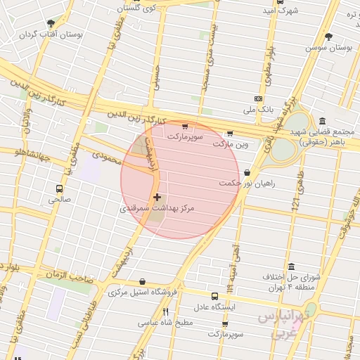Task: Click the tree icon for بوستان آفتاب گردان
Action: point(50,23)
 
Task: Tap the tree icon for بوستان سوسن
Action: point(328,37)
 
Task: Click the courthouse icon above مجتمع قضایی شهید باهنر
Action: point(321,120)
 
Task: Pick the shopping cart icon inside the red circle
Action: point(185,127)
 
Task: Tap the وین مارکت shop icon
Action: point(229,134)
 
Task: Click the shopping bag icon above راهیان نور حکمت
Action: point(247,172)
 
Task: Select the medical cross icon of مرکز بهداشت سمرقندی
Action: point(156,198)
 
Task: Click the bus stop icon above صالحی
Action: point(59,188)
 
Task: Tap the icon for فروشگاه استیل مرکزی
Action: point(143,281)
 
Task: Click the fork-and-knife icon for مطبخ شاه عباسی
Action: point(166,311)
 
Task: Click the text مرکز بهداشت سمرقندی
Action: point(156,209)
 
